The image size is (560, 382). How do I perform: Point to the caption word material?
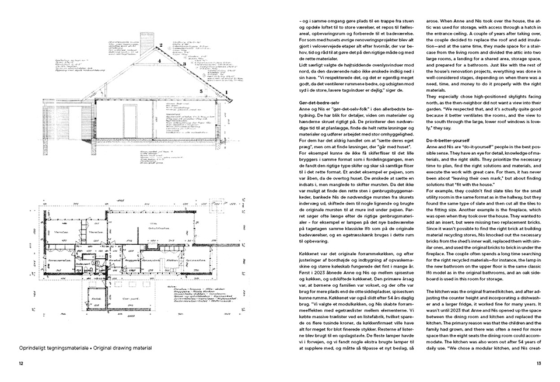[x=139, y=348]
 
